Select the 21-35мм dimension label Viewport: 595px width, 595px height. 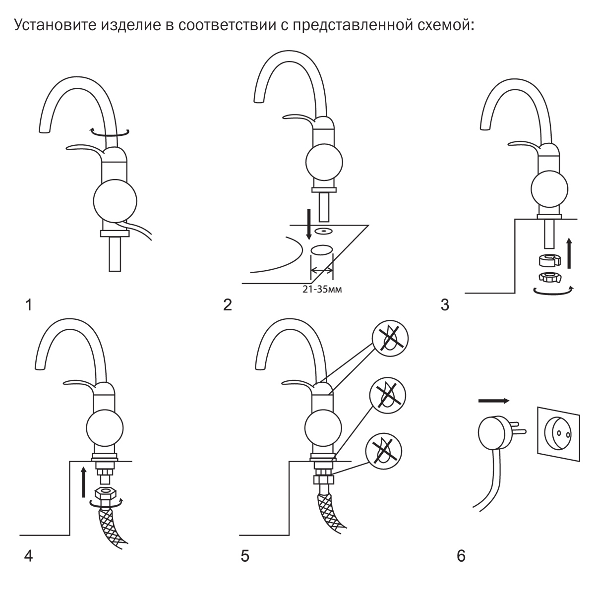(322, 290)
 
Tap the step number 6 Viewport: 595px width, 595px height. (461, 556)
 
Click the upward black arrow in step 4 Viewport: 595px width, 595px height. (83, 480)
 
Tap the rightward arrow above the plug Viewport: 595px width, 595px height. (494, 400)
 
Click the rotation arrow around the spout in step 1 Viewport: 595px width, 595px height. (109, 131)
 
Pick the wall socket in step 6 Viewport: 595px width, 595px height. (559, 434)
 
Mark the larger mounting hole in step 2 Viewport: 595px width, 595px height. (321, 250)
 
